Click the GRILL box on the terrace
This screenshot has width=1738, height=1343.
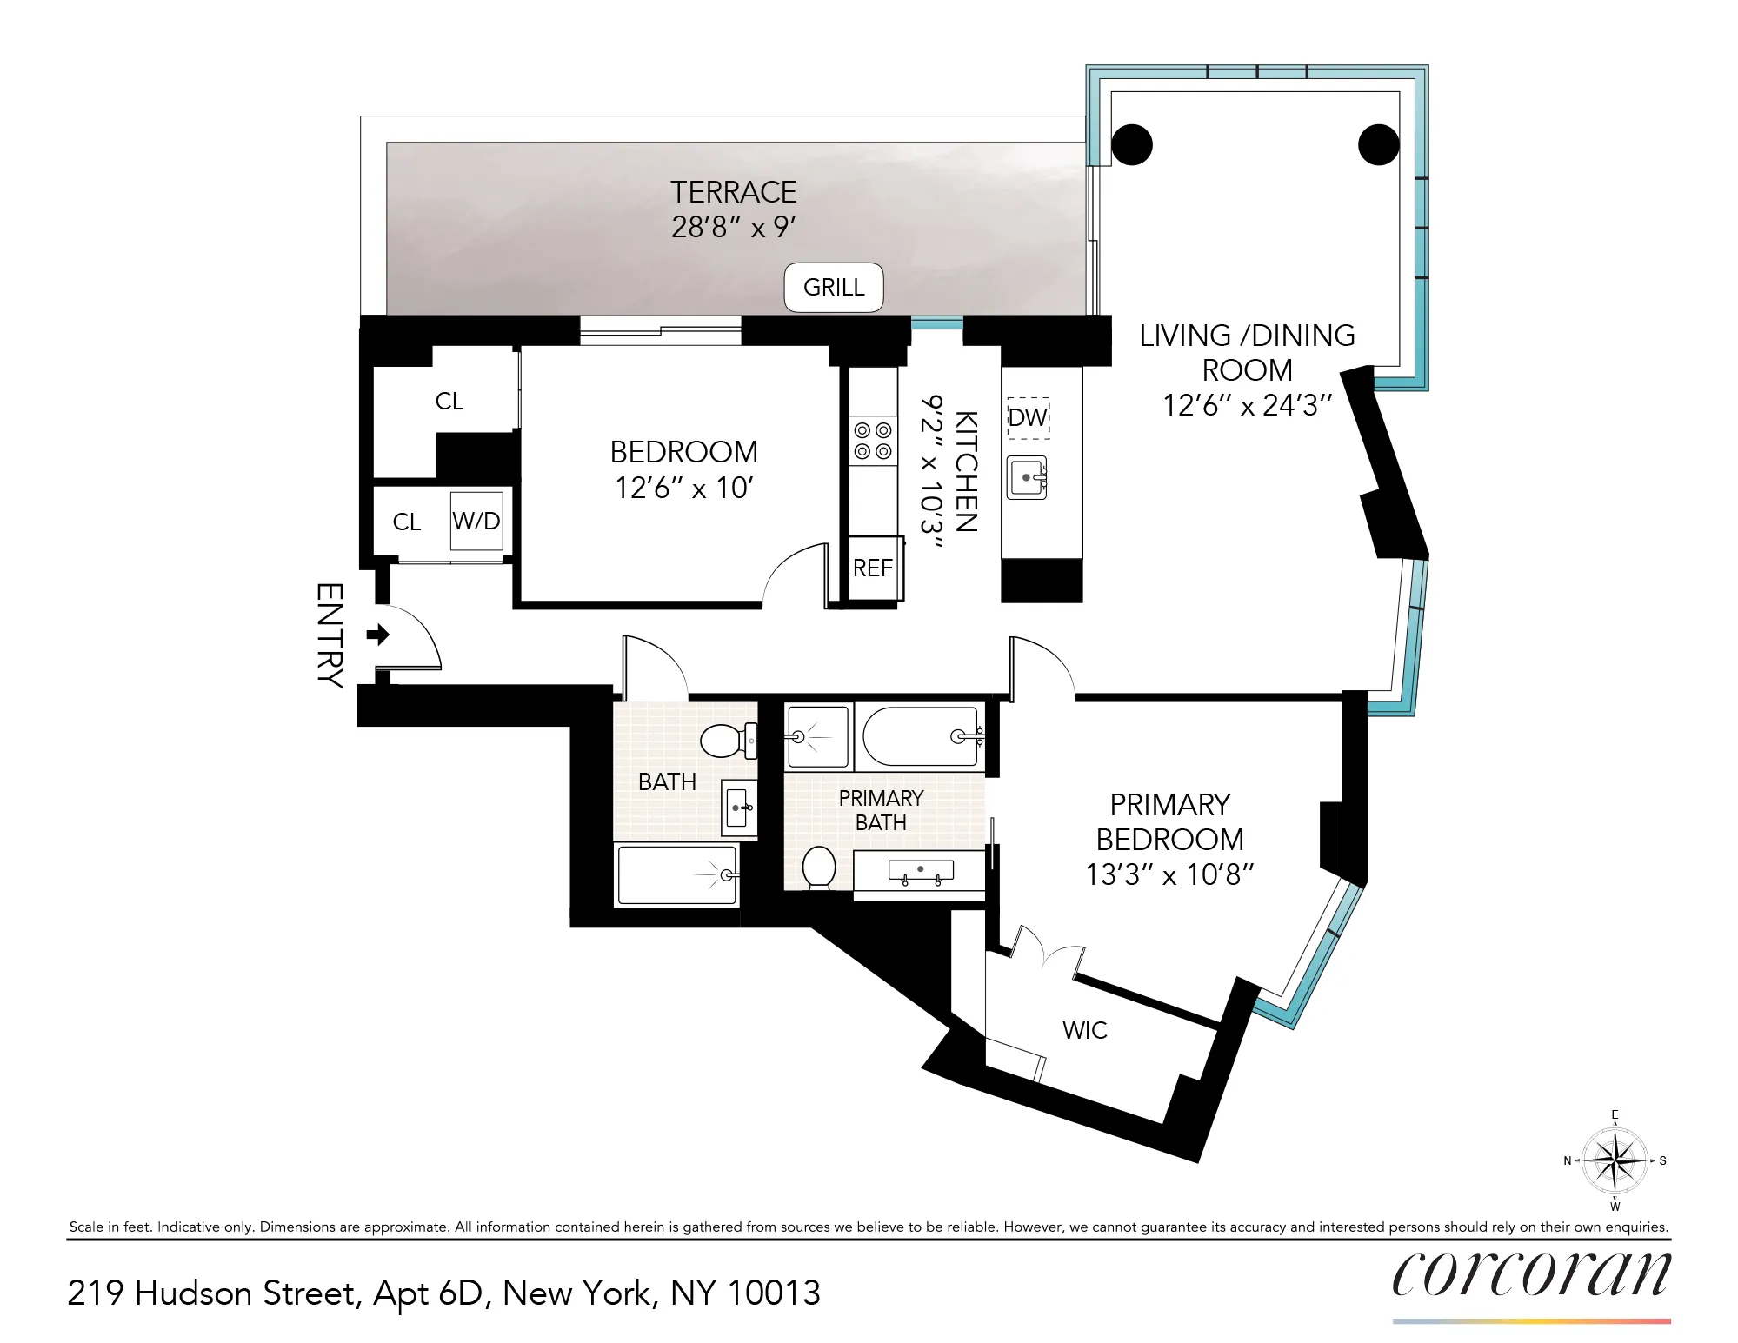(x=834, y=288)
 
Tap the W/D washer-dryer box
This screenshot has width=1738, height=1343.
(x=476, y=522)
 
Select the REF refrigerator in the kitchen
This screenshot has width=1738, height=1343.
(x=873, y=568)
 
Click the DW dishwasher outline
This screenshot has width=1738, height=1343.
(x=1028, y=418)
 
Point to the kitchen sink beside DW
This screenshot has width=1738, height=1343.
(x=1027, y=478)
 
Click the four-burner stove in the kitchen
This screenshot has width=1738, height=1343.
(x=873, y=441)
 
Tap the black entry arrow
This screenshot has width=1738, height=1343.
(x=378, y=635)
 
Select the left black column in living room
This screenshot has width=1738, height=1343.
(x=1132, y=144)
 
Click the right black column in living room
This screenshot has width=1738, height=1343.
(x=1379, y=144)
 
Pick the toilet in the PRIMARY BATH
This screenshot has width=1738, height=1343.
(x=819, y=868)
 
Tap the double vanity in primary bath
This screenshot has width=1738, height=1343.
(x=920, y=871)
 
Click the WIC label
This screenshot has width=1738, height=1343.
(x=1084, y=1031)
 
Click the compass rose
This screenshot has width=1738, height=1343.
(x=1615, y=1160)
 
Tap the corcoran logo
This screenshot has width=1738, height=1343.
(x=1531, y=1274)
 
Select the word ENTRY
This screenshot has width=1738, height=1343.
(x=330, y=635)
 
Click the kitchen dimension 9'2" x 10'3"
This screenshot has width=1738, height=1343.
(x=932, y=472)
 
